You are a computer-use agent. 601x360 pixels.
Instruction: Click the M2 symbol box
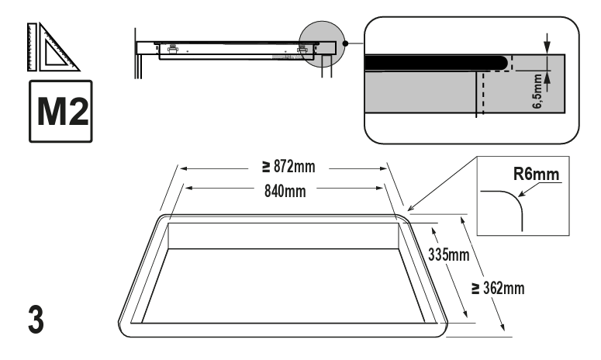[60, 111]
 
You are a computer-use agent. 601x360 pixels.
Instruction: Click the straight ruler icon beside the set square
[33, 47]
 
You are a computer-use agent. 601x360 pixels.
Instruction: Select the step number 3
[36, 320]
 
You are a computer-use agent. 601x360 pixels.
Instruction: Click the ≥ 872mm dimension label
[288, 167]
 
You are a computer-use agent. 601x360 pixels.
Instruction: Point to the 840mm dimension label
[285, 191]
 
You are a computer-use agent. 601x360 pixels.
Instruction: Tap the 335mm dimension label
[448, 254]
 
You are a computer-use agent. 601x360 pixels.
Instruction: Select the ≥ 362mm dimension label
[498, 289]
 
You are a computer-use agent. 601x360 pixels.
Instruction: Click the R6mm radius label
[536, 174]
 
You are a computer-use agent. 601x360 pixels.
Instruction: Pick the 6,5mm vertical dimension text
[537, 92]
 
